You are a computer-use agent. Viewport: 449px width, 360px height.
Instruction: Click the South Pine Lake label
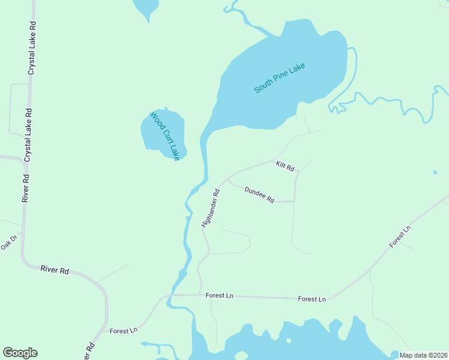pos(280,77)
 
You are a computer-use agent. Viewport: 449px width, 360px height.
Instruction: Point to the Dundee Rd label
pos(259,194)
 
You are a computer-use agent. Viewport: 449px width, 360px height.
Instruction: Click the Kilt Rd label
pos(285,166)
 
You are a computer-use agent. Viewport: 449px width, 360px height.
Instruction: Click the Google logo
pos(20,353)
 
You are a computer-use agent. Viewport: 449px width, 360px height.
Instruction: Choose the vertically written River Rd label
pos(25,188)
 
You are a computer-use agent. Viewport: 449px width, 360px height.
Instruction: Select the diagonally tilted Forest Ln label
pos(400,236)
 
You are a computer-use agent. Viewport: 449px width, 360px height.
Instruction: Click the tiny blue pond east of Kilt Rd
pos(435,173)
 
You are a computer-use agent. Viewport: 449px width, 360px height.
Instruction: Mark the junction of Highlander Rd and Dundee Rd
pos(227,179)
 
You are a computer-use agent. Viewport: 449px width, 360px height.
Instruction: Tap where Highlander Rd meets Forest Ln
pos(200,295)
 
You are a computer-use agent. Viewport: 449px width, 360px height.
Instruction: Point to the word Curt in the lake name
pos(166,136)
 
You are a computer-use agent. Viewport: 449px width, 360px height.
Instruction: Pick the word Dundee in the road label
pos(255,192)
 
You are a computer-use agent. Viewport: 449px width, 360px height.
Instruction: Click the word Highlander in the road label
pos(209,212)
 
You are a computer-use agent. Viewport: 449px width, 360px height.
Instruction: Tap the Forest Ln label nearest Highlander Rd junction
pos(218,295)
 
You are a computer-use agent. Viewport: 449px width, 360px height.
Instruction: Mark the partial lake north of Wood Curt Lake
pos(146,7)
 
